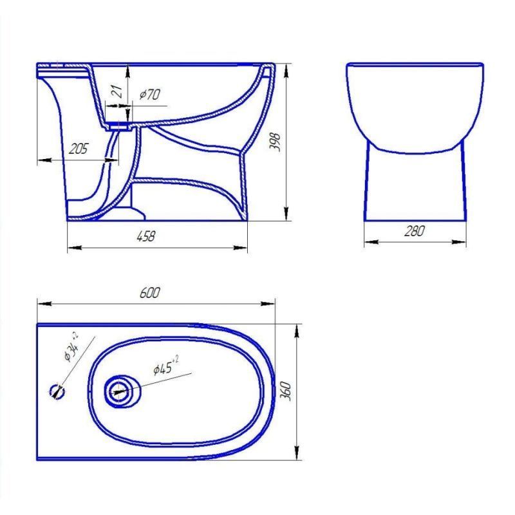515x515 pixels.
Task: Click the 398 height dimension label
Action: coord(274,142)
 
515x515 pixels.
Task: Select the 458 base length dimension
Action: coord(145,236)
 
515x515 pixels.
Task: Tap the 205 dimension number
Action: coord(78,149)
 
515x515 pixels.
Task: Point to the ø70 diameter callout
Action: coord(150,95)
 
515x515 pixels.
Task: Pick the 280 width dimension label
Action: coord(414,231)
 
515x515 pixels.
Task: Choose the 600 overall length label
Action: coord(150,293)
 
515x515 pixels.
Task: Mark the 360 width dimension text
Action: coord(285,391)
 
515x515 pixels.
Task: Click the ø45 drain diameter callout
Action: coord(166,366)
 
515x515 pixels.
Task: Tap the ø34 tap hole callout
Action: coord(71,347)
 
